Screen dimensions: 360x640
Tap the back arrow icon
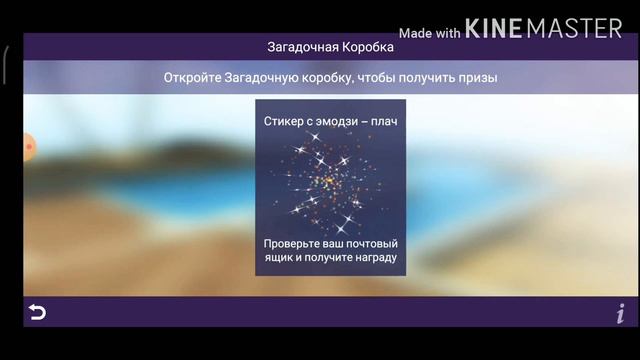pyautogui.click(x=37, y=313)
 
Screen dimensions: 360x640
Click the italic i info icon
pyautogui.click(x=620, y=313)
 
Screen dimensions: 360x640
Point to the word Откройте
pyautogui.click(x=195, y=77)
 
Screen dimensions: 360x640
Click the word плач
pyautogui.click(x=397, y=121)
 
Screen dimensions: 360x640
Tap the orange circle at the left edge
pyautogui.click(x=29, y=146)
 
